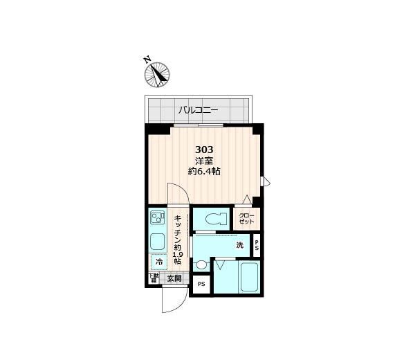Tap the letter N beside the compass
(147, 60)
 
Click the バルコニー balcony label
(198, 109)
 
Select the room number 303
(204, 150)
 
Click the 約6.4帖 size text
(205, 172)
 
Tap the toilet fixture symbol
(214, 219)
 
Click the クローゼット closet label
(247, 219)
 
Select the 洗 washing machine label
(239, 245)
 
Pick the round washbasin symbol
(201, 264)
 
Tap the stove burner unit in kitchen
(156, 219)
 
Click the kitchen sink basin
(157, 243)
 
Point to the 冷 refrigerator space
(158, 262)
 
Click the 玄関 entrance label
(174, 279)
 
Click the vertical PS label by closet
(257, 244)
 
